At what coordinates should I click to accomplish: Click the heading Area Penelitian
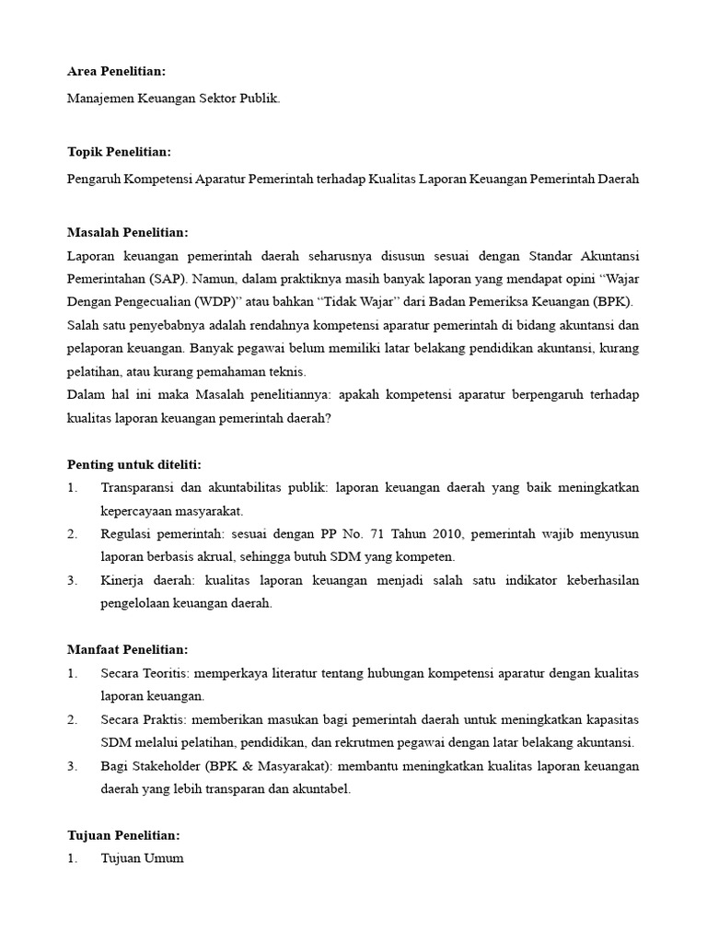pyautogui.click(x=117, y=72)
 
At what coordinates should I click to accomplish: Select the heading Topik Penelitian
pyautogui.click(x=119, y=152)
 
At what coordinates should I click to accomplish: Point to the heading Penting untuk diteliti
pyautogui.click(x=134, y=463)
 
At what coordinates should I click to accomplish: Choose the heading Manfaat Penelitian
pyautogui.click(x=128, y=649)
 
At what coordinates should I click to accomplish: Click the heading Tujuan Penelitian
pyautogui.click(x=123, y=835)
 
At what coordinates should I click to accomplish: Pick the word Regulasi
pyautogui.click(x=128, y=534)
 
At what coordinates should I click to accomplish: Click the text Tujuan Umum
pyautogui.click(x=142, y=858)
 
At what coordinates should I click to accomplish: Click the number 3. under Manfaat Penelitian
pyautogui.click(x=73, y=766)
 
